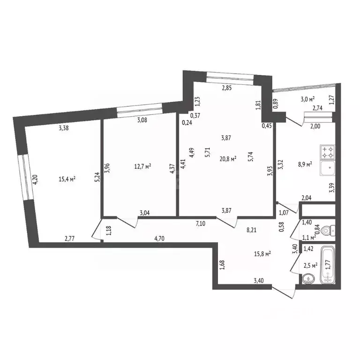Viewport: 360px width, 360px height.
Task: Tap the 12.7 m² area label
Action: [142, 165]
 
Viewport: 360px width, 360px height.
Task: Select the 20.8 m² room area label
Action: [228, 158]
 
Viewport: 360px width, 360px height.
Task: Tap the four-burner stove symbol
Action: [326, 152]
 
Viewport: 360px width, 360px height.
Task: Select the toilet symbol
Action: [330, 230]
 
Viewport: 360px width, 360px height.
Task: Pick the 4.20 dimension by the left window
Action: [34, 180]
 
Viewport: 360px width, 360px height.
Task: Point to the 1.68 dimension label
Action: [222, 265]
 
